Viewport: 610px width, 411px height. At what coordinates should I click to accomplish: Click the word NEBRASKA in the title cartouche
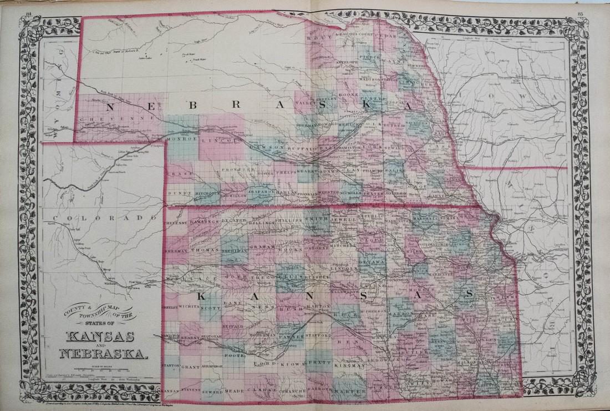(105, 353)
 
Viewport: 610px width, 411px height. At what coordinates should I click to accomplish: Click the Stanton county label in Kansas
(171, 367)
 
